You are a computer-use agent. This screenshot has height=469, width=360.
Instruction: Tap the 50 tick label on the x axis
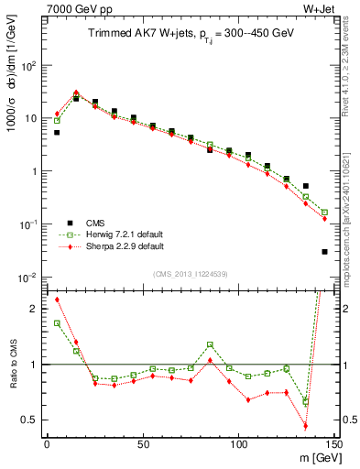coord(143,444)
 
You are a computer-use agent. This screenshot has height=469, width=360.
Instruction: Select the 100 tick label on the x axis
coord(238,444)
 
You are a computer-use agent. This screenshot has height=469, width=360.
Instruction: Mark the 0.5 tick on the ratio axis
coord(31,420)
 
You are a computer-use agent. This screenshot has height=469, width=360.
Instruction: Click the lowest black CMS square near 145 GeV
coord(324,252)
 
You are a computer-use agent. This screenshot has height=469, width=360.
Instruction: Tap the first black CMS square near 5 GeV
coord(57,133)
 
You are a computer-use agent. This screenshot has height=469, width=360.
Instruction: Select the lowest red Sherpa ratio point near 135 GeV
coord(305,426)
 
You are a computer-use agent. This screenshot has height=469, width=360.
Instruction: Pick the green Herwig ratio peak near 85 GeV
coord(210,344)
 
